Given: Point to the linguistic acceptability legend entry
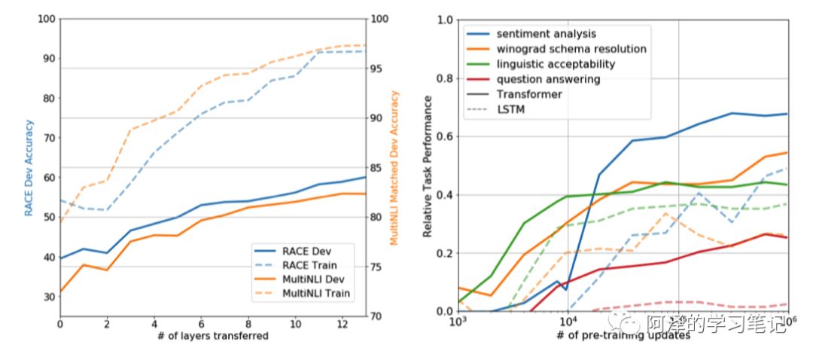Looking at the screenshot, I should pyautogui.click(x=556, y=64).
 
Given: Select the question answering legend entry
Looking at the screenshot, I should pyautogui.click(x=548, y=79).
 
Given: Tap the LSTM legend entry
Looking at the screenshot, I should pyautogui.click(x=510, y=109).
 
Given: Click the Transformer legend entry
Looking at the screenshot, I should pyautogui.click(x=529, y=94).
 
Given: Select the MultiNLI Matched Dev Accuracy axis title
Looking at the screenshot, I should pyautogui.click(x=394, y=168).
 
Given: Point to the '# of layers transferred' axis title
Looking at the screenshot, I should pyautogui.click(x=213, y=335).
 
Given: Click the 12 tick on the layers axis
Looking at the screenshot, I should pyautogui.click(x=343, y=322).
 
